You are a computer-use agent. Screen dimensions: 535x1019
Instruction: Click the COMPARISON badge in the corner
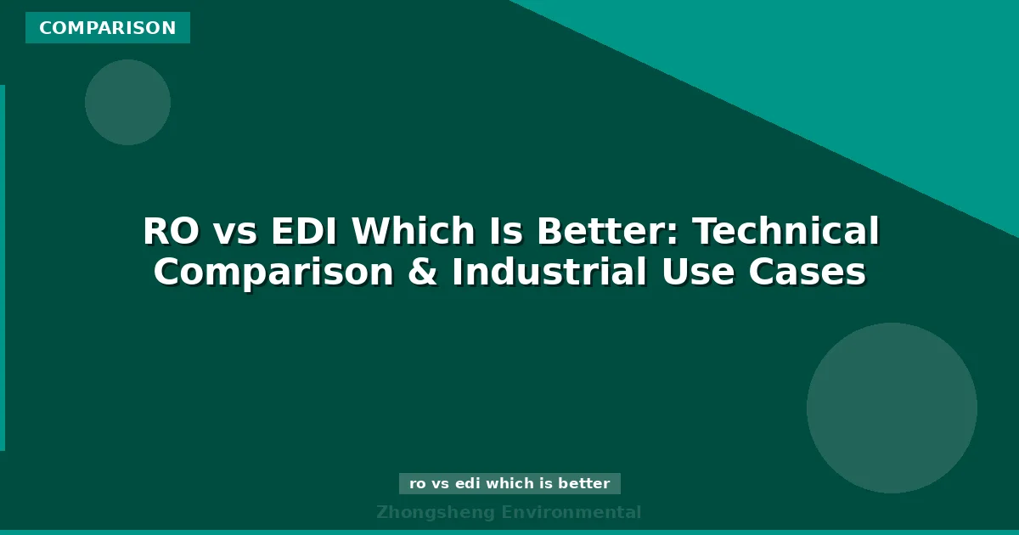108,28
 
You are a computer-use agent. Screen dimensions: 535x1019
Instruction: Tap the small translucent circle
127,102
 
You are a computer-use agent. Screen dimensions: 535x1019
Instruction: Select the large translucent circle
892,408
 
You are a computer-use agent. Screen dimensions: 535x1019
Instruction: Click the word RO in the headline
169,232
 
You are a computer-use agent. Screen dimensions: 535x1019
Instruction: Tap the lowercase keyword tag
509,483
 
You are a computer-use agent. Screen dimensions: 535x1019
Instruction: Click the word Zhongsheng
434,512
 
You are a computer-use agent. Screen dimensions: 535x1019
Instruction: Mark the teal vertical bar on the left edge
3,267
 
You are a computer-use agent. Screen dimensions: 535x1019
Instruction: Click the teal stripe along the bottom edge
509,532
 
